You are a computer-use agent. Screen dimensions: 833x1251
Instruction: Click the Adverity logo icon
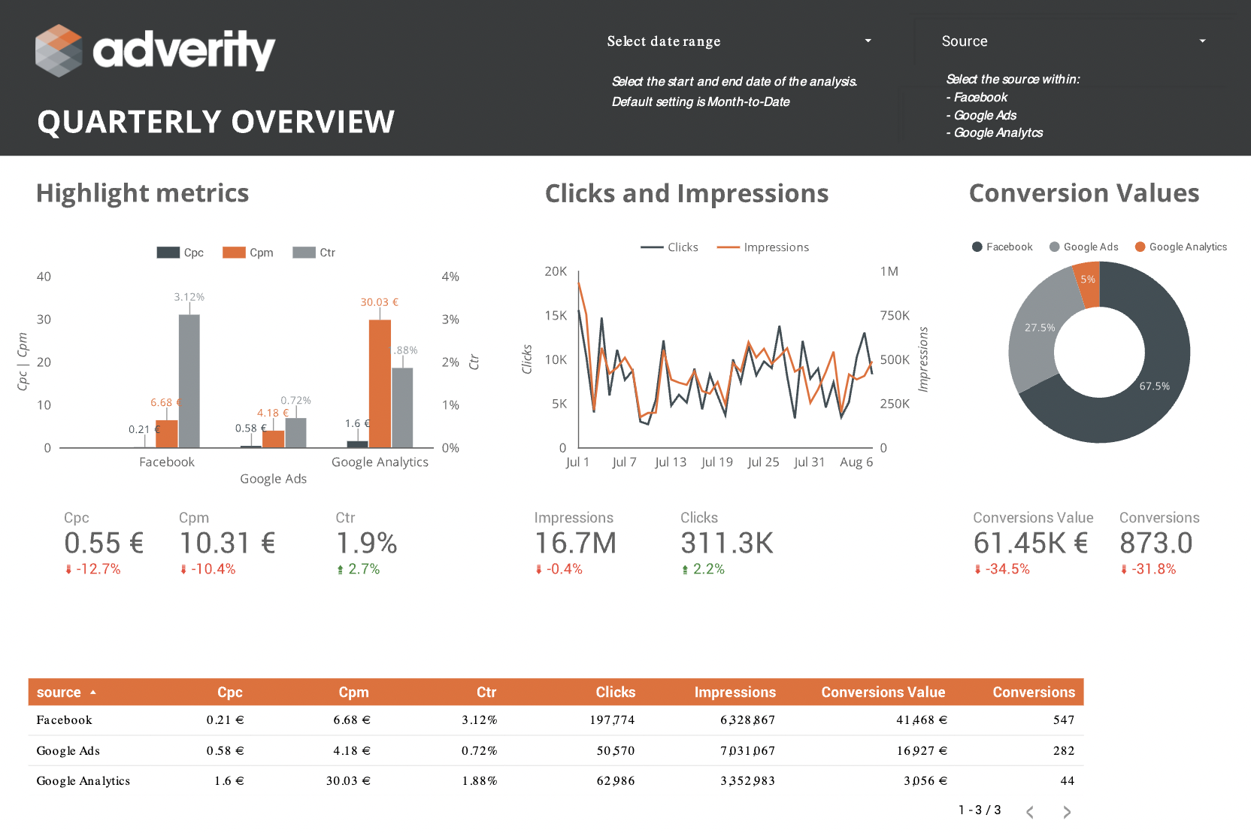(x=59, y=50)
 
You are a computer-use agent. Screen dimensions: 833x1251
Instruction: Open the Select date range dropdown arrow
(x=868, y=41)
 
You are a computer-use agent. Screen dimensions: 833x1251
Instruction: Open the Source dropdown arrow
(x=1202, y=41)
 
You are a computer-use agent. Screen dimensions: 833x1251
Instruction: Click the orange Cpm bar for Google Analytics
(x=380, y=383)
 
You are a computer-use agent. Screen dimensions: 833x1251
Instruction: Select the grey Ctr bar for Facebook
(x=189, y=380)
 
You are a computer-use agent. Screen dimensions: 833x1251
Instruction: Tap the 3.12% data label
(x=189, y=297)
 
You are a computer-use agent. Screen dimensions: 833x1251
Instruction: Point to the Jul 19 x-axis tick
(x=716, y=462)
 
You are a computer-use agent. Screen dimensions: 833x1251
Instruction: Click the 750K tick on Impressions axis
(x=895, y=316)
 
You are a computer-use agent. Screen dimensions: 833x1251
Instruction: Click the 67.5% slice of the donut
(x=1154, y=386)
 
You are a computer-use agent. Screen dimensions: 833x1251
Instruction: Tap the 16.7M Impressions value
(x=575, y=543)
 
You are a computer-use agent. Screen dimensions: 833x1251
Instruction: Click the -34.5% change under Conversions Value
(x=1003, y=569)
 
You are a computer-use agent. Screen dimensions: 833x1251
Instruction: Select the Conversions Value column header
(x=883, y=692)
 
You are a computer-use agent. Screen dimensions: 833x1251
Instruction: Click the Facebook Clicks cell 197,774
(x=612, y=720)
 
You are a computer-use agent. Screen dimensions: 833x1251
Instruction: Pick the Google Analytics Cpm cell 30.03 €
(x=347, y=781)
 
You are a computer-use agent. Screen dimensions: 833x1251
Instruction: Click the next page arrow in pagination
(x=1067, y=812)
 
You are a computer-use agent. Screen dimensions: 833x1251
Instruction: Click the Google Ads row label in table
(x=68, y=751)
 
